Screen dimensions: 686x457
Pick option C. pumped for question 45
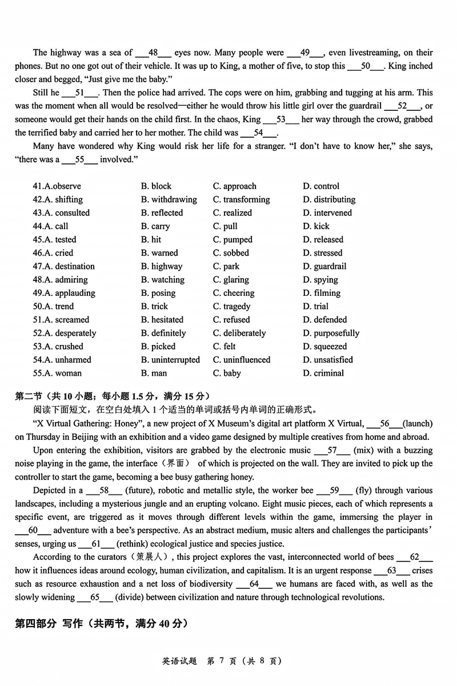pos(232,240)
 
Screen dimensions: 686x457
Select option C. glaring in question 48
pos(231,280)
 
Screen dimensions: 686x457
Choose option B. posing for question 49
pos(158,293)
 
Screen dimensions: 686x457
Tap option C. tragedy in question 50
pos(231,307)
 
